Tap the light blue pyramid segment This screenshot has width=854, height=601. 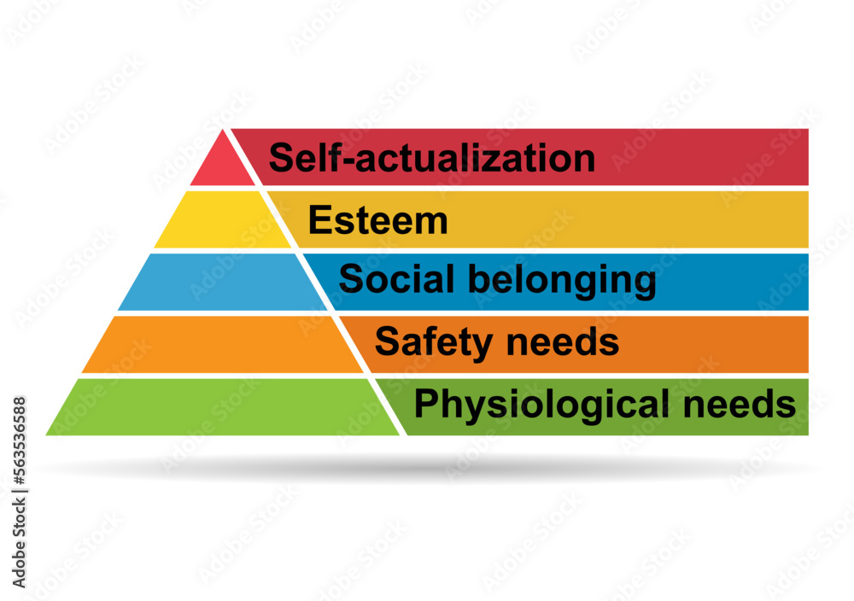[x=224, y=283]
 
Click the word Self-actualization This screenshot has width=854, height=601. [x=431, y=159]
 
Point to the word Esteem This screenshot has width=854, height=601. [x=377, y=221]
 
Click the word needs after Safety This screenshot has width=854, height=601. [x=571, y=343]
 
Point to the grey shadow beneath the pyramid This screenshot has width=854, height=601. [x=427, y=467]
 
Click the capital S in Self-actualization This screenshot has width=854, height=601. [x=281, y=159]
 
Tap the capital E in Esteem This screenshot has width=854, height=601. [x=318, y=221]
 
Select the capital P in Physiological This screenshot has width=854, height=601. [x=424, y=405]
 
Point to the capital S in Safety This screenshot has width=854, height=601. [x=386, y=343]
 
